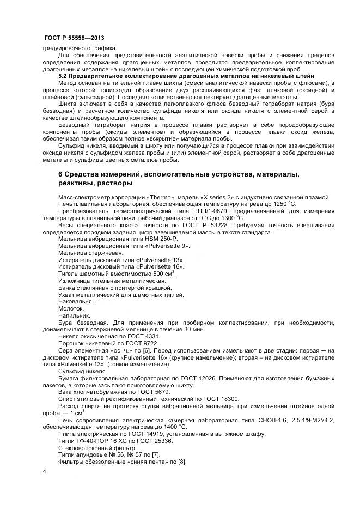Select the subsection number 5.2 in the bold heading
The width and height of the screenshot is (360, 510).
pyautogui.click(x=63, y=77)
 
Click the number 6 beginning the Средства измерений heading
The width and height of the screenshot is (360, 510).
pyautogui.click(x=61, y=174)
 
